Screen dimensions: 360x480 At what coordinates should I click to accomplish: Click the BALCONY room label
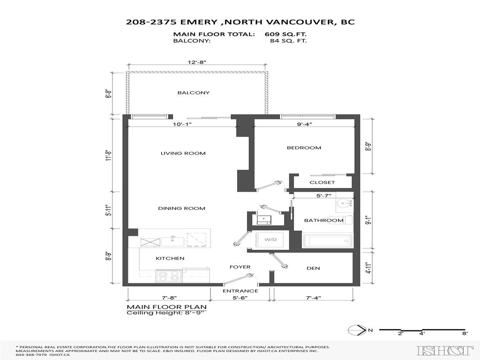(x=193, y=93)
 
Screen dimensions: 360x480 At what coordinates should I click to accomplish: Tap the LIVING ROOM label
(x=183, y=153)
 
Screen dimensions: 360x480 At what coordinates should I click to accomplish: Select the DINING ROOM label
(x=181, y=209)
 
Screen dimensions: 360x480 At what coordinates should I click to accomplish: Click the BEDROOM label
(x=304, y=148)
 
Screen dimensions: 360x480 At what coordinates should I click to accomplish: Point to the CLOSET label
(x=322, y=182)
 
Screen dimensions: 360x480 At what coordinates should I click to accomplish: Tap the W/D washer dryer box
(x=270, y=240)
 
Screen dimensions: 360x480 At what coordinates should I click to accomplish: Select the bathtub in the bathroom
(x=328, y=241)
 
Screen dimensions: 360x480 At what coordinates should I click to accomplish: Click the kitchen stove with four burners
(x=169, y=277)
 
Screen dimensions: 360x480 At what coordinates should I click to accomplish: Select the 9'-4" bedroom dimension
(x=304, y=124)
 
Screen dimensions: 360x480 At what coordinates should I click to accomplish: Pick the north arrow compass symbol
(x=358, y=331)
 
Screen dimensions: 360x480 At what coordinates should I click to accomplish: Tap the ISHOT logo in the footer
(x=445, y=350)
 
